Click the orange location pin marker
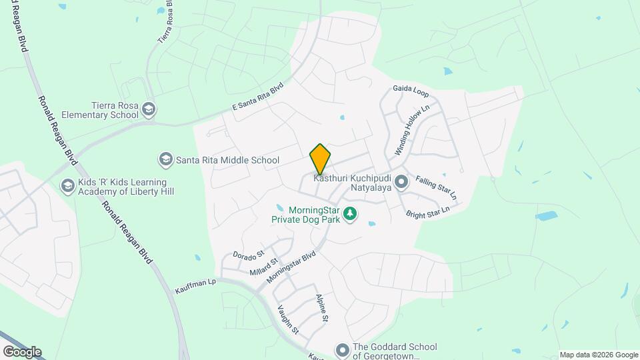pyautogui.click(x=320, y=159)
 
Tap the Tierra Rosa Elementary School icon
pyautogui.click(x=150, y=109)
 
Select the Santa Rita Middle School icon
pyautogui.click(x=165, y=159)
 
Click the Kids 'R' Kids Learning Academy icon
pyautogui.click(x=67, y=186)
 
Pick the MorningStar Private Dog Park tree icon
pyautogui.click(x=351, y=214)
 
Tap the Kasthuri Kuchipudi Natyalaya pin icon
pyautogui.click(x=401, y=181)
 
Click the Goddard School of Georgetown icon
pyautogui.click(x=343, y=350)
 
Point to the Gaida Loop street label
pyautogui.click(x=411, y=91)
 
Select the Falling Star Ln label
pyautogui.click(x=436, y=188)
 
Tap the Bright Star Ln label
pyautogui.click(x=428, y=211)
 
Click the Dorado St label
pyautogui.click(x=249, y=254)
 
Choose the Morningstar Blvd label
pyautogui.click(x=291, y=267)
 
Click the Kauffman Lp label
pyautogui.click(x=196, y=282)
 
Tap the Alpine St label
pyautogui.click(x=322, y=308)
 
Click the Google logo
pyautogui.click(x=22, y=351)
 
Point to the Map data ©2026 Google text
pyautogui.click(x=599, y=355)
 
